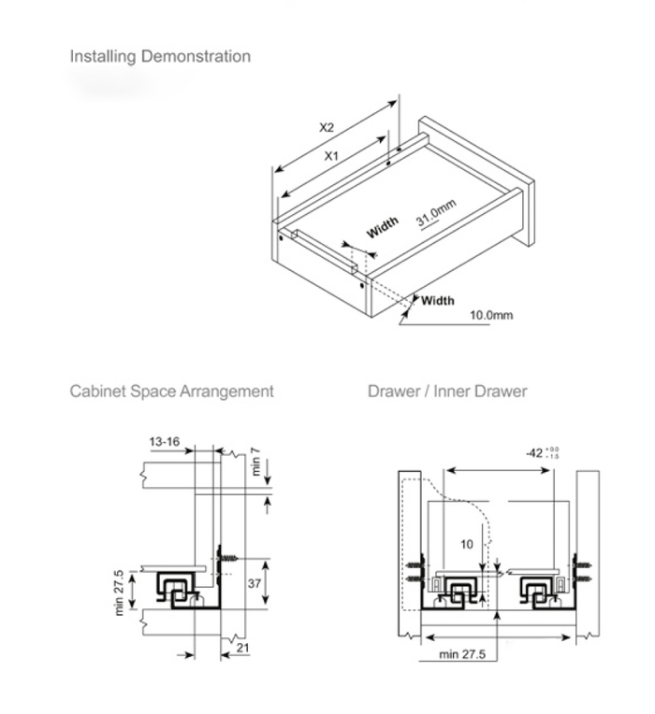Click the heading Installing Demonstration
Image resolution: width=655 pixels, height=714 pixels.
point(160,56)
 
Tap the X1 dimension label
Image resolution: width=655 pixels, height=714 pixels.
point(331,157)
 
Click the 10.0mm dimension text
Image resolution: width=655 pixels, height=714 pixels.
point(490,315)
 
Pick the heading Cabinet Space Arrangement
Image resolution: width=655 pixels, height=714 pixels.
point(171,391)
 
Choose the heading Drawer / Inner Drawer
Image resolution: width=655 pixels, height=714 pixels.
point(446,391)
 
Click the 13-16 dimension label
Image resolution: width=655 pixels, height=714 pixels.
point(164,441)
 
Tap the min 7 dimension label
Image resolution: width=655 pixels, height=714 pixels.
point(255,462)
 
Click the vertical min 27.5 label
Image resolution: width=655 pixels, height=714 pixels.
point(119,592)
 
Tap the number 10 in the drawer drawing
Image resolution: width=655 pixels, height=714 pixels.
point(467,543)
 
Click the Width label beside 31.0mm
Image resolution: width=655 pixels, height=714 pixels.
point(382,227)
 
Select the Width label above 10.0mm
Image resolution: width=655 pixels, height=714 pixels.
point(437,300)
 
